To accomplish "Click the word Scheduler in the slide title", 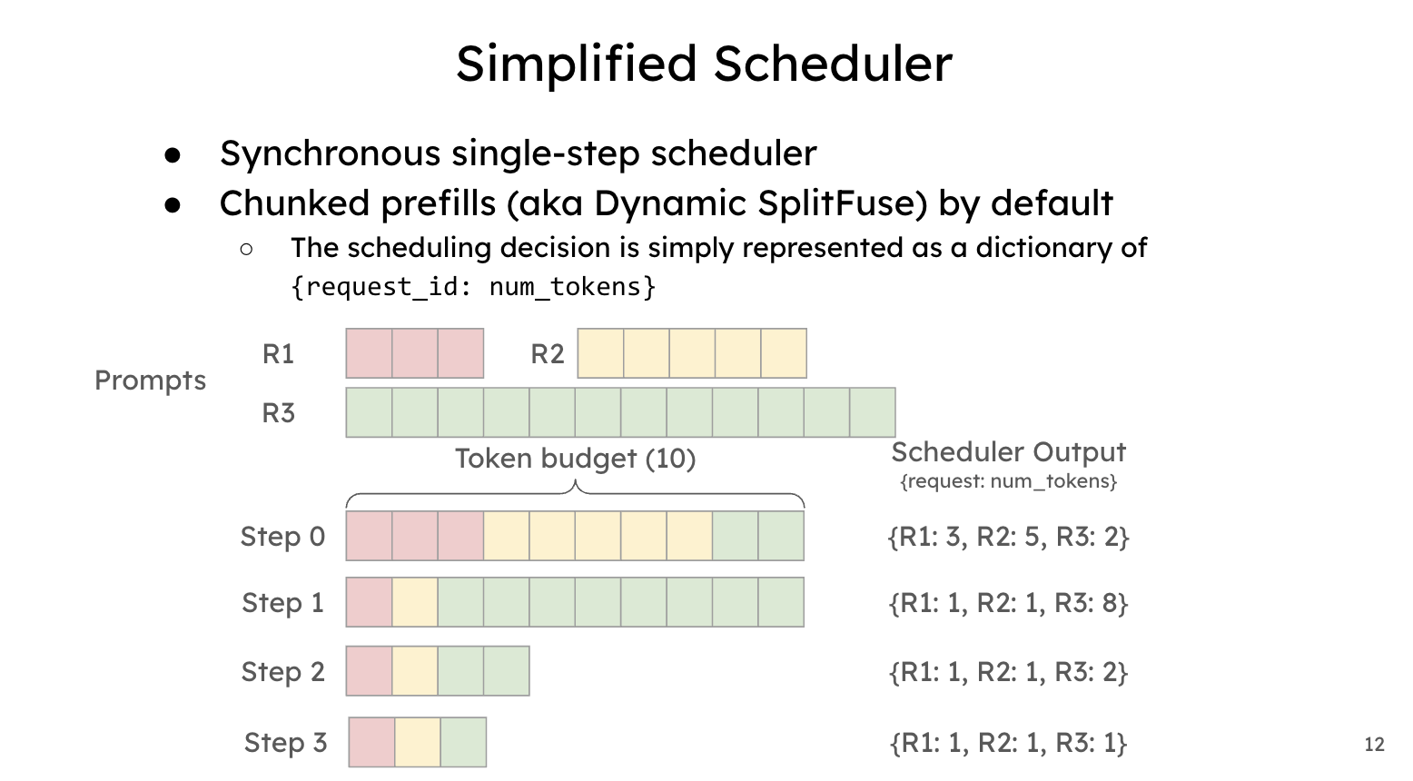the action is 833,64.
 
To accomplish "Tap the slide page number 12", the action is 1375,745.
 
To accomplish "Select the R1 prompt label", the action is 278,354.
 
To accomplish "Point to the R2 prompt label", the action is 547,354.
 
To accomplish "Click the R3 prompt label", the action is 278,413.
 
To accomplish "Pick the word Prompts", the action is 150,381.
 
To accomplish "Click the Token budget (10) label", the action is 576,459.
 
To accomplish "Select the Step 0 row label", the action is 282,537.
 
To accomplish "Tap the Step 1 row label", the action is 282,602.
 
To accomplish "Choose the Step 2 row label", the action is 282,672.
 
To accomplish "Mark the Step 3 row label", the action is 285,743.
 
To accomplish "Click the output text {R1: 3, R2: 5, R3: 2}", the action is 1008,537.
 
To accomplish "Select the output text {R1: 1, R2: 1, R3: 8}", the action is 1008,603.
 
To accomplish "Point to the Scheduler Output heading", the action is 1008,452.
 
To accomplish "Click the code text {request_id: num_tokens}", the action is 473,287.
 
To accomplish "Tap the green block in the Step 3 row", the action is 464,743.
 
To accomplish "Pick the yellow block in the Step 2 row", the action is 415,671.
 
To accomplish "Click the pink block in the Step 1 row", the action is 369,602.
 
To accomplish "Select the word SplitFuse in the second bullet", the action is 843,203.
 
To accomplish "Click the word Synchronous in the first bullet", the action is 330,154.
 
